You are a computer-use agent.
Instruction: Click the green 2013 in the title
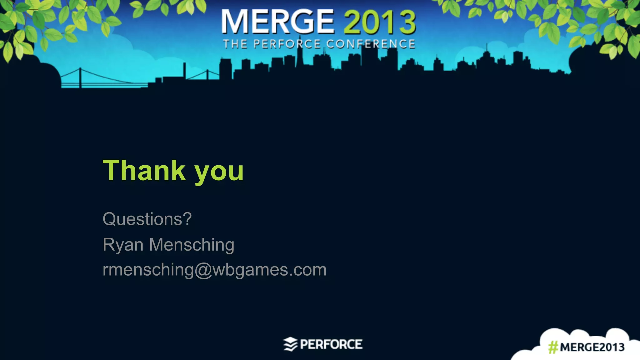(379, 22)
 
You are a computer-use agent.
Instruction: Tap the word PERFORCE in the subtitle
(287, 44)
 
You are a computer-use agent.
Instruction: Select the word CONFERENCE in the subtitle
(371, 44)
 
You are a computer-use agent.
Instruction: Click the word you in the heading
(219, 172)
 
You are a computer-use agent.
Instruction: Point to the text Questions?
(147, 219)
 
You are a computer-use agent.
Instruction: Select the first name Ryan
(123, 245)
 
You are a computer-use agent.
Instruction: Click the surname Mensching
(192, 245)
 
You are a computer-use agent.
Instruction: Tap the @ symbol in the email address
(203, 270)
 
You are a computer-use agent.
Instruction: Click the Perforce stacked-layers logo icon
(290, 344)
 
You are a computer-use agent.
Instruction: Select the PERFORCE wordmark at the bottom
(331, 344)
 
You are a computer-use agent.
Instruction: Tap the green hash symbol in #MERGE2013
(553, 347)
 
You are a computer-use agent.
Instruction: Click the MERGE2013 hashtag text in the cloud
(592, 347)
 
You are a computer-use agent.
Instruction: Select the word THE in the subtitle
(235, 44)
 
